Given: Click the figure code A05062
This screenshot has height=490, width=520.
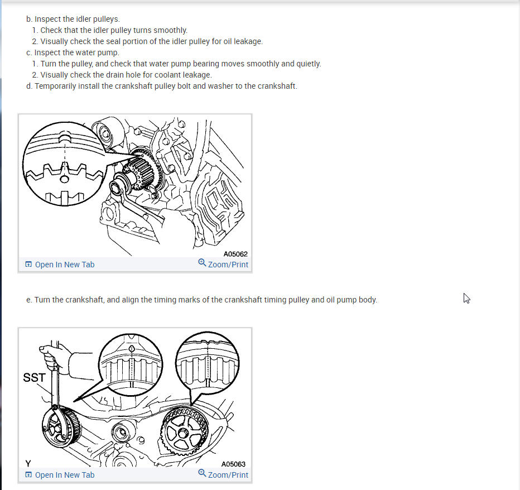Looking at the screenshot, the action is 235,254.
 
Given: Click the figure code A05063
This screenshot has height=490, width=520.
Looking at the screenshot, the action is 233,464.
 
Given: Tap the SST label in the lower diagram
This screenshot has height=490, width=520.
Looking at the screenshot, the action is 34,377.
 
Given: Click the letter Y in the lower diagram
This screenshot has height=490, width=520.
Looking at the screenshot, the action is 28,463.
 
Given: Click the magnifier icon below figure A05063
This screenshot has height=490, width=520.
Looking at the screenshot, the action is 202,473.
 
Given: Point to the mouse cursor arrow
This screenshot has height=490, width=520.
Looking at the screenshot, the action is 466,298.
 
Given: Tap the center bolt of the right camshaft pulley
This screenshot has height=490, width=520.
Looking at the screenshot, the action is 183,433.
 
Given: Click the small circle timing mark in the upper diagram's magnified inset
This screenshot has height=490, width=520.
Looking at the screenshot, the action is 64,180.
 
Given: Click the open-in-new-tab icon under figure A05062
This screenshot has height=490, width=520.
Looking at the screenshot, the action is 28,265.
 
